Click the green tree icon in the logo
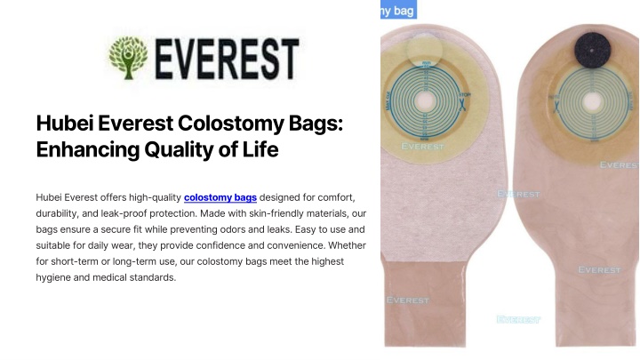(x=128, y=58)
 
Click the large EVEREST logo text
(x=227, y=59)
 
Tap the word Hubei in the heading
(x=65, y=123)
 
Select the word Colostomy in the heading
(x=230, y=124)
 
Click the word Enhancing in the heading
(x=88, y=149)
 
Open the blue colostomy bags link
(x=220, y=197)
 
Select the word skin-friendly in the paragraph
(x=276, y=213)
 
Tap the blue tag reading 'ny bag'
(x=398, y=10)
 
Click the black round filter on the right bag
(x=592, y=50)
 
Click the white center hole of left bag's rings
(x=425, y=100)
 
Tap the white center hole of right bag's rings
(x=592, y=101)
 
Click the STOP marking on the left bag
(x=464, y=95)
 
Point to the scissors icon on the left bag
(x=462, y=105)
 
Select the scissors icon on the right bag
(x=556, y=107)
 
